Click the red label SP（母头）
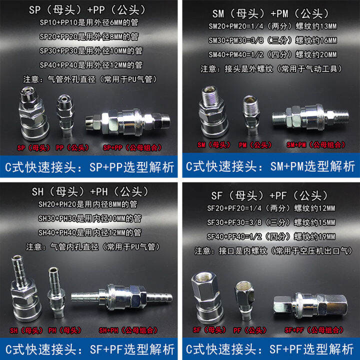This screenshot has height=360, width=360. pyautogui.click(x=28, y=148)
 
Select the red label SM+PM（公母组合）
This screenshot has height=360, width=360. pyautogui.click(x=316, y=144)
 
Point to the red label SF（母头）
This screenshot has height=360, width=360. pyautogui.click(x=206, y=330)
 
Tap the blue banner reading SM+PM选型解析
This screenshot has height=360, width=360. pyautogui.click(x=269, y=165)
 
